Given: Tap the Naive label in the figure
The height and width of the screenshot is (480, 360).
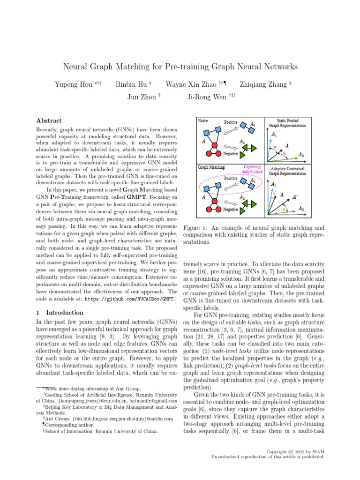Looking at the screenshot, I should [203, 120].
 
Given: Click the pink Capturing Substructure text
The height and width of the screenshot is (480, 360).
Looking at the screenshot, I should [252, 169].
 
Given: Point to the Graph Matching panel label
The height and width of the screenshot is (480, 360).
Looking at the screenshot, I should [211, 166].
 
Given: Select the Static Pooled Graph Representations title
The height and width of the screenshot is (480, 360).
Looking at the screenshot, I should [287, 123].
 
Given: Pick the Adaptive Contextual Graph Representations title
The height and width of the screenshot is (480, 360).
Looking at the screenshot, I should [287, 171].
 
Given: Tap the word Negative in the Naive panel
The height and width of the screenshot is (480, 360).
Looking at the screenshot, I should [230, 154].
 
